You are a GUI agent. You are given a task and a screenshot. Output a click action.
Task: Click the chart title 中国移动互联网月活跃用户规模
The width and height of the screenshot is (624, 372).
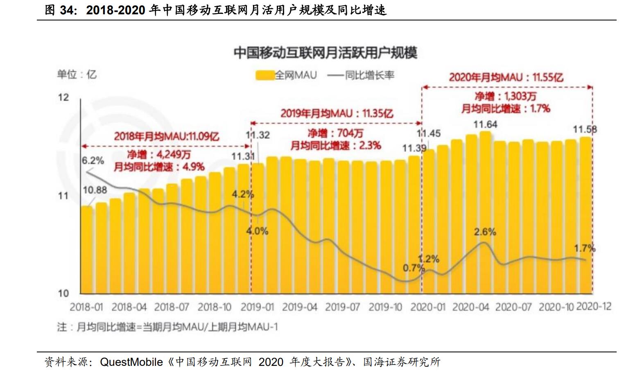click(x=326, y=53)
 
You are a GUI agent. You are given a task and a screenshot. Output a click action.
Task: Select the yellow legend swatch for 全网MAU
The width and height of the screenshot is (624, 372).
click(x=265, y=75)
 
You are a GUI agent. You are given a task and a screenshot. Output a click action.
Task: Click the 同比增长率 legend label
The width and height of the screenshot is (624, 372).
click(x=369, y=75)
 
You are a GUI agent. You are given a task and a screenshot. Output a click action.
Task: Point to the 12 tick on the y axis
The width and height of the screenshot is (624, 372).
click(x=63, y=97)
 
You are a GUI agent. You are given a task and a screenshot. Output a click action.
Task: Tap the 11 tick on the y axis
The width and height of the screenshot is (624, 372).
click(x=63, y=196)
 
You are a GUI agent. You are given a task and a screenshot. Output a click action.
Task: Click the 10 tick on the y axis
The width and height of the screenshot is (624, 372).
click(x=63, y=293)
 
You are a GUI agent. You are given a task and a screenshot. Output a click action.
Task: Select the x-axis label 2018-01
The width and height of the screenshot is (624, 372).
click(x=86, y=307)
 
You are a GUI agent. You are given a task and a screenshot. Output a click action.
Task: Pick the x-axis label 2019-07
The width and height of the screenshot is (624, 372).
click(x=342, y=307)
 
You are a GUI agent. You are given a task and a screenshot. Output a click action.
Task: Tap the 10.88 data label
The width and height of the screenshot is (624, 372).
click(x=95, y=190)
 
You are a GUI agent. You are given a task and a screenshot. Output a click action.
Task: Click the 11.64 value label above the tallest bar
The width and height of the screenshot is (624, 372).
click(x=485, y=124)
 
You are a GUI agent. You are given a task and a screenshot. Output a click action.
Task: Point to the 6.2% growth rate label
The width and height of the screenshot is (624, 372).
click(x=93, y=160)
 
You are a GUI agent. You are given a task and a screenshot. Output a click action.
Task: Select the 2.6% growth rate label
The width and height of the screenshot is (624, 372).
click(x=485, y=232)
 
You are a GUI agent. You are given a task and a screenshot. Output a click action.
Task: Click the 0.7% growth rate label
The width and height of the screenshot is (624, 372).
click(x=414, y=268)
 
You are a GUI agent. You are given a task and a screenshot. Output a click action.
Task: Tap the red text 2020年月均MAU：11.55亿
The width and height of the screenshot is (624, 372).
click(x=506, y=77)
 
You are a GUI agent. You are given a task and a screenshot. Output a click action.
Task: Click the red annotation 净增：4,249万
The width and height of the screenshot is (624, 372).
click(x=158, y=155)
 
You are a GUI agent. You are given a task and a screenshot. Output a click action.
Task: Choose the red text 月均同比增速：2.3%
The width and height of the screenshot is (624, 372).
click(x=336, y=146)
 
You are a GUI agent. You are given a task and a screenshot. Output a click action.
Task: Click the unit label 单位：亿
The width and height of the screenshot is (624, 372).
click(x=77, y=74)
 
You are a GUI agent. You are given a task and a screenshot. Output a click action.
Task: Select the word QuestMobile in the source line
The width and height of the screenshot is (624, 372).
click(x=131, y=362)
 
